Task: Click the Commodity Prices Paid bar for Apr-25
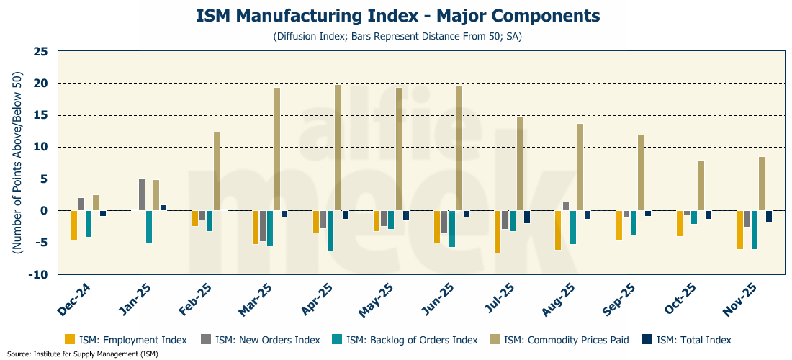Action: [338, 148]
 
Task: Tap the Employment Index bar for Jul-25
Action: [497, 232]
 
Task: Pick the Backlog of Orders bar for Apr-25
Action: [330, 230]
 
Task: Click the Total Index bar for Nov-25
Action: [769, 216]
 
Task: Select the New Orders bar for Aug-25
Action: [566, 207]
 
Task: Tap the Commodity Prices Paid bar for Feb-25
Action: [217, 171]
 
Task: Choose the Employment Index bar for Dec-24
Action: [74, 225]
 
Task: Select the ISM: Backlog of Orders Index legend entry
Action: [404, 340]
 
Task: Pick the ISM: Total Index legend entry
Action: [688, 340]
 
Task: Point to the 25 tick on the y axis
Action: [40, 52]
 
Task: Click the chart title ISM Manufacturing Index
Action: [397, 15]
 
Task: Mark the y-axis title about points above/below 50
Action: [16, 163]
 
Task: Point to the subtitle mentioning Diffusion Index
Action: [397, 36]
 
